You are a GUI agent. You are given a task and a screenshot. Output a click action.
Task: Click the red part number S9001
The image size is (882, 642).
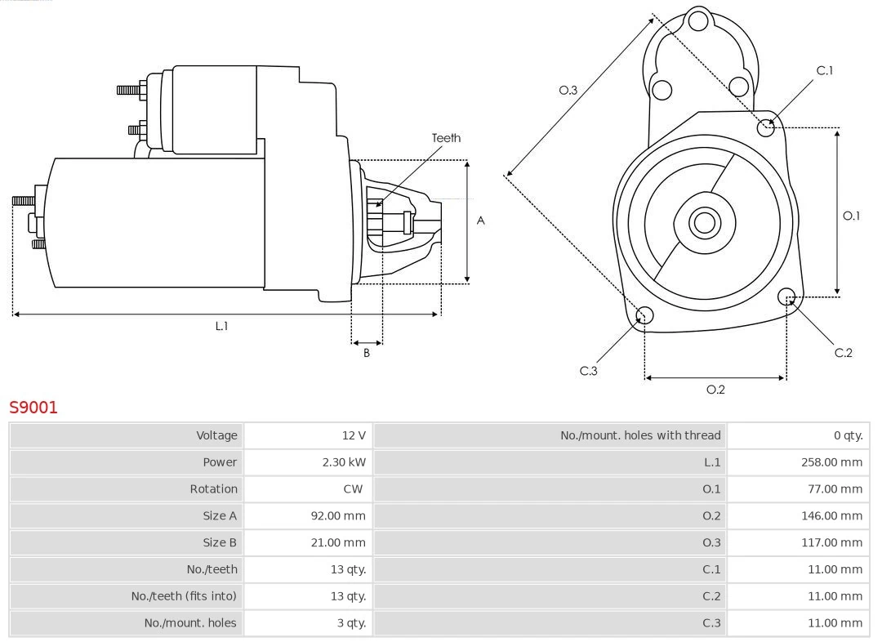pyautogui.click(x=33, y=408)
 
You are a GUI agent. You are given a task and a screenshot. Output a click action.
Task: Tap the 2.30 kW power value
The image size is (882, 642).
pyautogui.click(x=344, y=462)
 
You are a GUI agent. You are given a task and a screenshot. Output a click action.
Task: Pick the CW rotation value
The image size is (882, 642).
pyautogui.click(x=354, y=489)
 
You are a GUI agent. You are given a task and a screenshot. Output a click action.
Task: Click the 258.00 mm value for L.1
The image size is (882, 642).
pyautogui.click(x=831, y=462)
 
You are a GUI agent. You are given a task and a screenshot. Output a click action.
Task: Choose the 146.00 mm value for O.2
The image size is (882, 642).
pyautogui.click(x=831, y=515)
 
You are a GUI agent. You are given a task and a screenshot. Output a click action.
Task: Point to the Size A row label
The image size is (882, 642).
pyautogui.click(x=220, y=515)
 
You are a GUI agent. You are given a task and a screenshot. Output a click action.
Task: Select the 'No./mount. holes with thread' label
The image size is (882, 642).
pyautogui.click(x=640, y=435)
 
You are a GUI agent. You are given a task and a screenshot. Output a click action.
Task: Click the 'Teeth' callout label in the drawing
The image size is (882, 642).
pyautogui.click(x=446, y=138)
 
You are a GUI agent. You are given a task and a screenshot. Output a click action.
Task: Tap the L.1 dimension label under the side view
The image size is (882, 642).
pyautogui.click(x=221, y=326)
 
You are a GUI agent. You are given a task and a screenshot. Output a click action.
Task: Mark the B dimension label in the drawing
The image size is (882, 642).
pyautogui.click(x=367, y=353)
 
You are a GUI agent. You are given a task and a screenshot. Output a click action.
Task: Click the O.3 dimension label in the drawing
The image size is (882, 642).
pyautogui.click(x=568, y=90)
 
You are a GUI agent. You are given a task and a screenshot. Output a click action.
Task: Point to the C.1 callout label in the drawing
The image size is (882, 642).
pyautogui.click(x=825, y=70)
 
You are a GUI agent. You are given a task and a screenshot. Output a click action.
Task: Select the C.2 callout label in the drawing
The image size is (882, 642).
pyautogui.click(x=843, y=352)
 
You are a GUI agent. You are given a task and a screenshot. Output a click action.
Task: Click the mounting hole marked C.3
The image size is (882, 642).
pyautogui.click(x=644, y=316)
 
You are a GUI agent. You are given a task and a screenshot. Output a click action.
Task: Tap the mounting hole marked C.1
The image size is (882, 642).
pyautogui.click(x=766, y=127)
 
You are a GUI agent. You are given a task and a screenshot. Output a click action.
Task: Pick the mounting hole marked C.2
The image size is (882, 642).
pyautogui.click(x=786, y=296)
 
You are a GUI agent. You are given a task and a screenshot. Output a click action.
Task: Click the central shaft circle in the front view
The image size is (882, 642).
pyautogui.click(x=703, y=222)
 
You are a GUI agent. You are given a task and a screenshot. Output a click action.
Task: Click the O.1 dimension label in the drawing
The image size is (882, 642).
pyautogui.click(x=851, y=216)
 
